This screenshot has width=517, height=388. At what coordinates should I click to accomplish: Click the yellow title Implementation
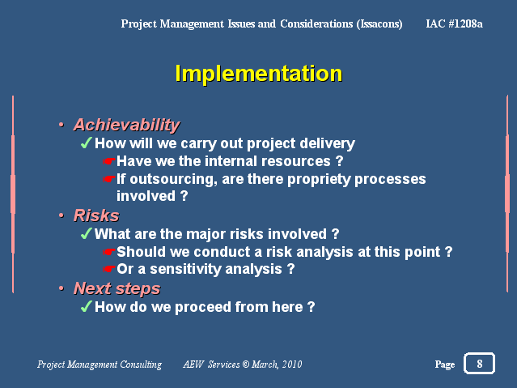pos(259,74)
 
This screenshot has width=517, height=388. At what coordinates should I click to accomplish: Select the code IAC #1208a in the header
pos(455,23)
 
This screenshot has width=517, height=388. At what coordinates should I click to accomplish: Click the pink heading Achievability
pos(127,126)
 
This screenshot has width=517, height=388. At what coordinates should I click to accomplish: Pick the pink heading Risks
pos(96,215)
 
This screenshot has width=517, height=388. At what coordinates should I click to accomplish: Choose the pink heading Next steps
pos(117,289)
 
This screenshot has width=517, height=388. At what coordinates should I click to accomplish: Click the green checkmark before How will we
pos(86,143)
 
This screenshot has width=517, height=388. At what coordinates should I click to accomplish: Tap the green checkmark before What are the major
pos(86,233)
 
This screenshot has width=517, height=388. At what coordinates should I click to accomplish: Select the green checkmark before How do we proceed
pos(86,306)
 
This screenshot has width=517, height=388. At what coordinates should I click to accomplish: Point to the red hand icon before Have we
pos(108,161)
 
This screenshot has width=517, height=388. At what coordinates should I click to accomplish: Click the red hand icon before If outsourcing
pos(108,179)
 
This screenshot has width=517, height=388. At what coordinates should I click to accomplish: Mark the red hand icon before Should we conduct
pos(108,252)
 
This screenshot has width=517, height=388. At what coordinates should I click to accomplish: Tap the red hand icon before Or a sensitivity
pos(108,269)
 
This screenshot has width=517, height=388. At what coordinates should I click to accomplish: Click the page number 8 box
pos(480,364)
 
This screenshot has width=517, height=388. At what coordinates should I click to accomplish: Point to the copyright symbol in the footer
pos(246,364)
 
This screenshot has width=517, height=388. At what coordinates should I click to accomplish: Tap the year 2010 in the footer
pos(292,365)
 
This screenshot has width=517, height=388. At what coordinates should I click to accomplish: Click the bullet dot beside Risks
pos(61,215)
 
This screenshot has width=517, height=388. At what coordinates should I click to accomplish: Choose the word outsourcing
pos(173,179)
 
